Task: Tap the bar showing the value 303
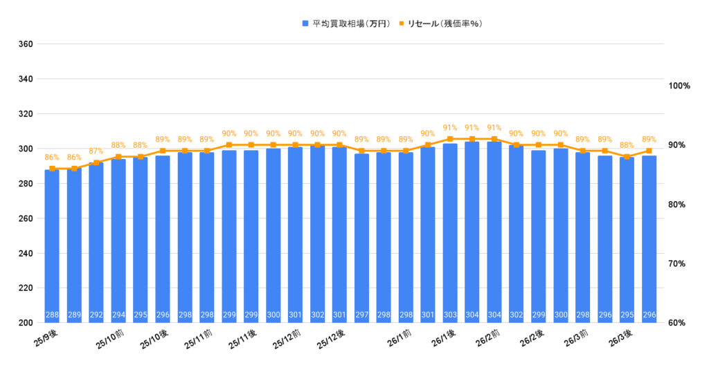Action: tap(450, 232)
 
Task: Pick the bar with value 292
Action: tap(96, 242)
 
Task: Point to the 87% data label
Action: tap(96, 151)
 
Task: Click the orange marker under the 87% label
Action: tap(96, 163)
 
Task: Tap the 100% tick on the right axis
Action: tap(680, 86)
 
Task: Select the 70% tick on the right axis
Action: tap(680, 263)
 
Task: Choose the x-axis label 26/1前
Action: tap(400, 340)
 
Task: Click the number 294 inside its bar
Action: tap(118, 316)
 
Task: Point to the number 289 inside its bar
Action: tap(74, 316)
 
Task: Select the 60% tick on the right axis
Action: tap(680, 323)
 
